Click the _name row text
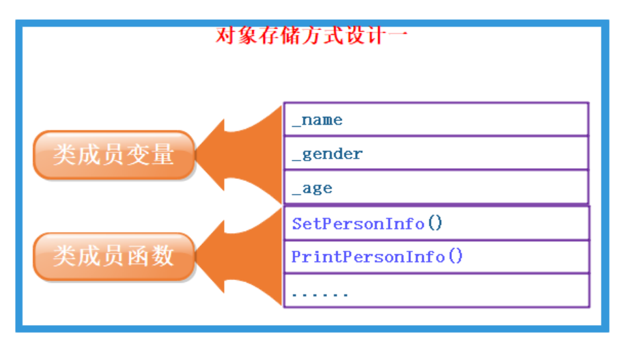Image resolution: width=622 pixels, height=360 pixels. [317, 121]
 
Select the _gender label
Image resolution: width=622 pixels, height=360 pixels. [327, 154]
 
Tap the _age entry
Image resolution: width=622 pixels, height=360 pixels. [312, 189]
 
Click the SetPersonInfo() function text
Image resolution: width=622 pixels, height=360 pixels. [367, 224]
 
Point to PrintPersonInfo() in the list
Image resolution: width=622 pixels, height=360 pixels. [377, 258]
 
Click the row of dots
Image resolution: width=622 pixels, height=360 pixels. [320, 294]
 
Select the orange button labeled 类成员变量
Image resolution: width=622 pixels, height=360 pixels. [113, 155]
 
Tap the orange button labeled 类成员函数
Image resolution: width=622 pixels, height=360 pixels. [113, 257]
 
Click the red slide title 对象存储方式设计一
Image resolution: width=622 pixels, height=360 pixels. [311, 35]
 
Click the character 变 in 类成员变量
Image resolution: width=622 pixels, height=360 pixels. [143, 155]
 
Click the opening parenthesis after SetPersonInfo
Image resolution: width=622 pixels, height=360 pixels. [430, 224]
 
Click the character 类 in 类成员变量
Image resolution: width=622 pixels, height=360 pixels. [64, 155]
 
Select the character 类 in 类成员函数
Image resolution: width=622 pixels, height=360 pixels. [64, 257]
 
